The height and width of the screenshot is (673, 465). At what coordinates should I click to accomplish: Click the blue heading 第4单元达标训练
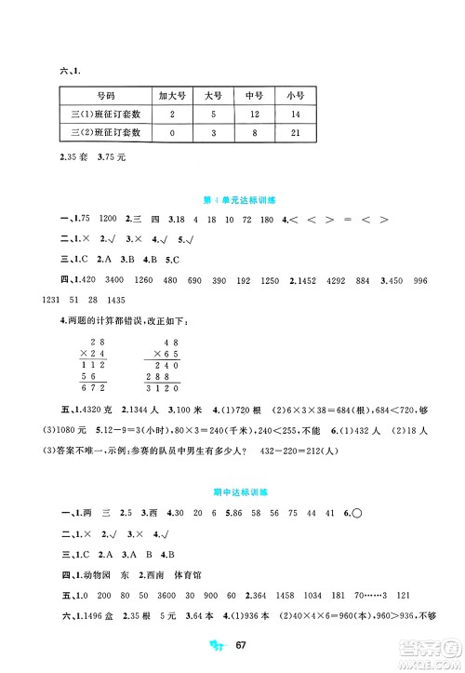[232, 199]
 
